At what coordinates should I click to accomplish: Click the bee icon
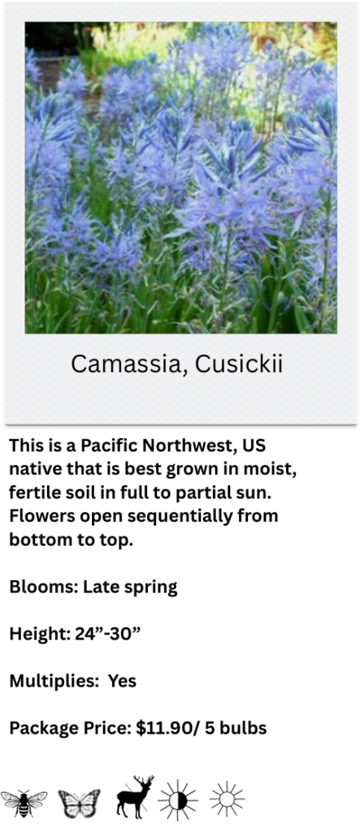[24, 804]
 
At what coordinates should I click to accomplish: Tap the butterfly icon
[79, 804]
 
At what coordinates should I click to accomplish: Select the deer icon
[136, 797]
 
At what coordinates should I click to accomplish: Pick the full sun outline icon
[228, 799]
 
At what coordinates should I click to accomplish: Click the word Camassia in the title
[128, 365]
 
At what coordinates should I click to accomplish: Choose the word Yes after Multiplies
[122, 681]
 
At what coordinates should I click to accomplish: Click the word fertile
[32, 493]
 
